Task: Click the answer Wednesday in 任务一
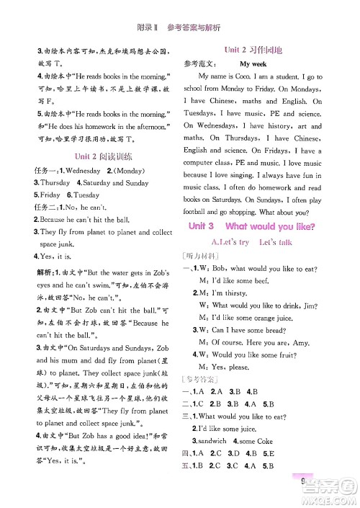pyautogui.click(x=82, y=171)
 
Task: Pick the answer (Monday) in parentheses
pyautogui.click(x=127, y=171)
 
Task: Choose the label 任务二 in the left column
pyautogui.click(x=43, y=208)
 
